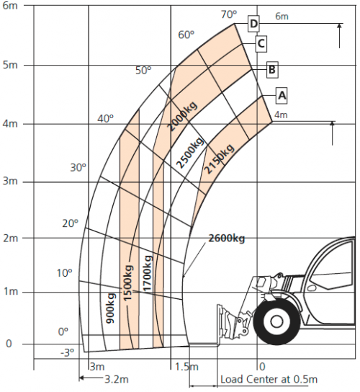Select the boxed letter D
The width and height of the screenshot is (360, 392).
click(253, 24)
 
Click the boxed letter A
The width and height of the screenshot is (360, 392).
click(282, 94)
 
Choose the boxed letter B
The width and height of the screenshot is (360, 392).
click(271, 70)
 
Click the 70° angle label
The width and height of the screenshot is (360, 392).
click(228, 14)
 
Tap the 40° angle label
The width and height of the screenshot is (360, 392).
click(106, 118)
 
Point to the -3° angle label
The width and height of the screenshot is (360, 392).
click(66, 352)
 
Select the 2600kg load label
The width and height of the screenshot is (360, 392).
click(228, 238)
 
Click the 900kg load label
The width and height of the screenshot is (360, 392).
click(111, 308)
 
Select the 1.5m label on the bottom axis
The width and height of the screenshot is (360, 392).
click(185, 367)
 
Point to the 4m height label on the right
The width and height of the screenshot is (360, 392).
click(281, 115)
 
